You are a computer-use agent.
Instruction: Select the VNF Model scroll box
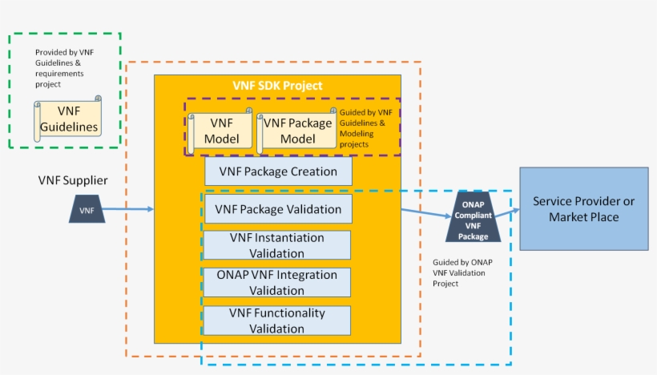pos(221,131)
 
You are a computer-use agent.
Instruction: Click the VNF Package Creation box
pos(277,171)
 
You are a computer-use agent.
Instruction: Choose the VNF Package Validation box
pos(277,209)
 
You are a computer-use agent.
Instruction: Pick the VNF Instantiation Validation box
pos(277,245)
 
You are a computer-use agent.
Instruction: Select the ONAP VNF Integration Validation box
pos(277,282)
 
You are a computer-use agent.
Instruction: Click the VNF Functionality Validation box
pos(277,321)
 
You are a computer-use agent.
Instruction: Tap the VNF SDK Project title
pos(277,86)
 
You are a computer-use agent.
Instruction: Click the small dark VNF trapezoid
pos(87,210)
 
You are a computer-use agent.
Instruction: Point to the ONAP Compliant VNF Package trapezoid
pos(474,217)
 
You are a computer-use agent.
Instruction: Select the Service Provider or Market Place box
pos(583,208)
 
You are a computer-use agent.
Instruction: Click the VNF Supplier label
pos(73,180)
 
